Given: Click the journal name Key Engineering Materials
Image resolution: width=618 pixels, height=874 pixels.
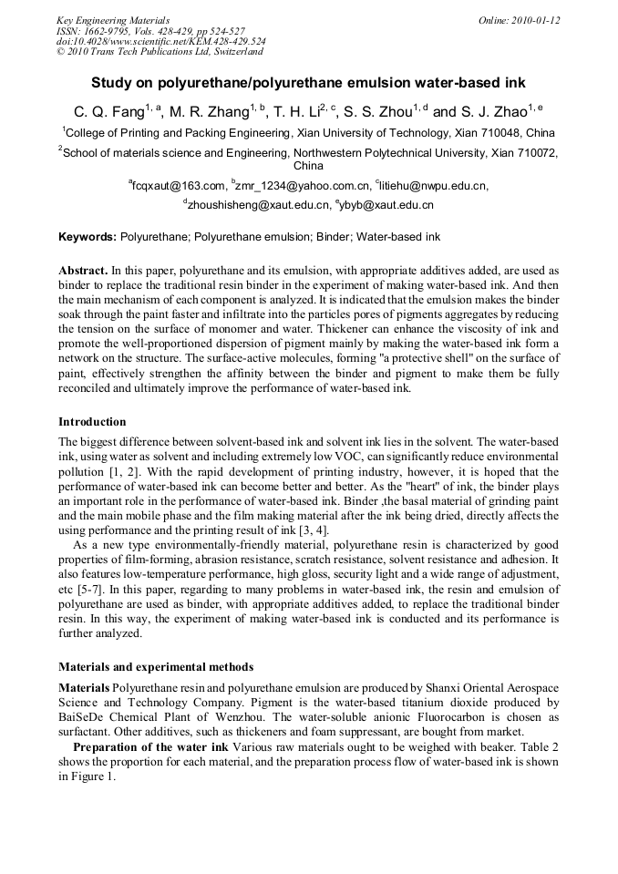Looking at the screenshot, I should click(113, 20).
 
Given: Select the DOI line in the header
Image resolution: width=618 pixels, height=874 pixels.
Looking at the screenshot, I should click(161, 41).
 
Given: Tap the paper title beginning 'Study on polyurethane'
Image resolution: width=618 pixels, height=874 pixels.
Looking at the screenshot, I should click(308, 83).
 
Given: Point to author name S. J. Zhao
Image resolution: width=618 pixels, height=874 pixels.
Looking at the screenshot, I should click(491, 113).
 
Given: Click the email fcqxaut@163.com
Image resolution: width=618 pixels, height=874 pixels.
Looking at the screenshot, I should click(178, 186).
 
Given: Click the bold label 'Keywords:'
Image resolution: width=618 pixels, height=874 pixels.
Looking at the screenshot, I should click(88, 237).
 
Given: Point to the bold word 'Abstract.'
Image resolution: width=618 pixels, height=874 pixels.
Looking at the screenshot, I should click(83, 272).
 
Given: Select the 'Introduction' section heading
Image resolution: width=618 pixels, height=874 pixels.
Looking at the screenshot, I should click(92, 422).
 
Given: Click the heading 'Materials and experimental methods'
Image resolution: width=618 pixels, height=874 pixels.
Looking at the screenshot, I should click(156, 667).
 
